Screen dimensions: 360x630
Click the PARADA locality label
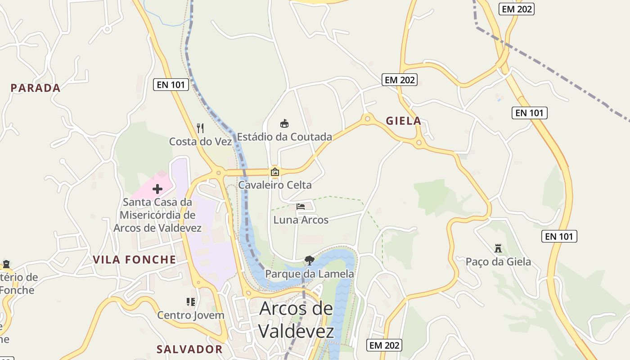(36, 88)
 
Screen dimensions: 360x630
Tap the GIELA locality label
(404, 121)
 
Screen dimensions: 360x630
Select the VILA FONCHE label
(135, 259)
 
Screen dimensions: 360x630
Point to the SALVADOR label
(189, 349)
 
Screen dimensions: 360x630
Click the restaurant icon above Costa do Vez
(201, 128)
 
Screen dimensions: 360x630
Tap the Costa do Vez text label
(200, 141)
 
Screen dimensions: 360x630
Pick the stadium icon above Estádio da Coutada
(284, 123)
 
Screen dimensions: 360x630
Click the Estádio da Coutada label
(284, 136)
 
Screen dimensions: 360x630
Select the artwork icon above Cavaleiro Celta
(274, 171)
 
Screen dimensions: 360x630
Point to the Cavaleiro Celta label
(274, 184)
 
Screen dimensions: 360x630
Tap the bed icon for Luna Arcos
(301, 207)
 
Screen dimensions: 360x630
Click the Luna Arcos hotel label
(301, 220)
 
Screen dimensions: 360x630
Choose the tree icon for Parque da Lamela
(309, 260)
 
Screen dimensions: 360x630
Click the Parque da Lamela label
(309, 274)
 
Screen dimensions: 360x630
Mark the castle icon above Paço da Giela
(498, 248)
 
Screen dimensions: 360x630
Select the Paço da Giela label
(498, 261)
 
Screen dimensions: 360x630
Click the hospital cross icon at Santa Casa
(157, 189)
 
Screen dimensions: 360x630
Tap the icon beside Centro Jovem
(191, 301)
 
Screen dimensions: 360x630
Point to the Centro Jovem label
(190, 315)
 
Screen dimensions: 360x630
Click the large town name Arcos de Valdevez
(297, 320)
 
